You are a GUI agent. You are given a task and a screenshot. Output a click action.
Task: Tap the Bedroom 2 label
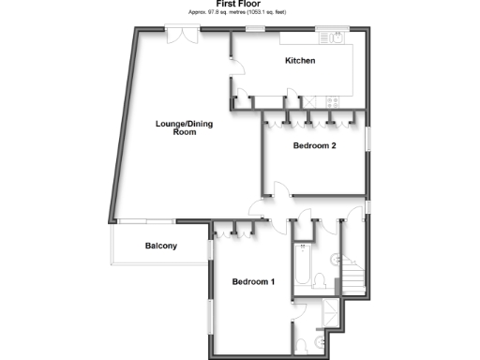[314, 145]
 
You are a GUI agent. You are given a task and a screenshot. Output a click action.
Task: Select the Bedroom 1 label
[253, 282]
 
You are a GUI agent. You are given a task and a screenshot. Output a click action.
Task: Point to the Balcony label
[161, 247]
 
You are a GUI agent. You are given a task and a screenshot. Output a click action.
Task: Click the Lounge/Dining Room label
[176, 127]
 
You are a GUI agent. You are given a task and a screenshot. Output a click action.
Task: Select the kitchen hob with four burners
[331, 99]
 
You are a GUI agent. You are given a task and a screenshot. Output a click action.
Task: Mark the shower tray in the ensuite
[332, 315]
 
